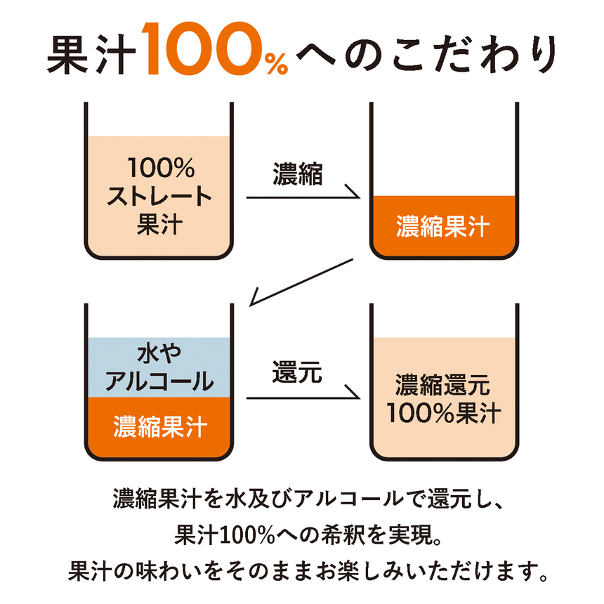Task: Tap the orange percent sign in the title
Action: (x=276, y=63)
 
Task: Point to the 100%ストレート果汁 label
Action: (x=159, y=196)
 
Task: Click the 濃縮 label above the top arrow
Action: (x=297, y=173)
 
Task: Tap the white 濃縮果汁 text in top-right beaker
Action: (x=442, y=226)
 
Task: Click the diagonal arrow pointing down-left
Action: (x=301, y=282)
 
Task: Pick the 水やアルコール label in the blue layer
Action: (x=159, y=368)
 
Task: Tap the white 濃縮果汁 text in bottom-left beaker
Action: (x=160, y=427)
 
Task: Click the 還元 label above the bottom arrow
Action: (x=297, y=372)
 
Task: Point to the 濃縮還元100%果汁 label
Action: (x=443, y=399)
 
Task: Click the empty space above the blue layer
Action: (x=159, y=320)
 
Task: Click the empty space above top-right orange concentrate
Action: (x=444, y=150)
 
